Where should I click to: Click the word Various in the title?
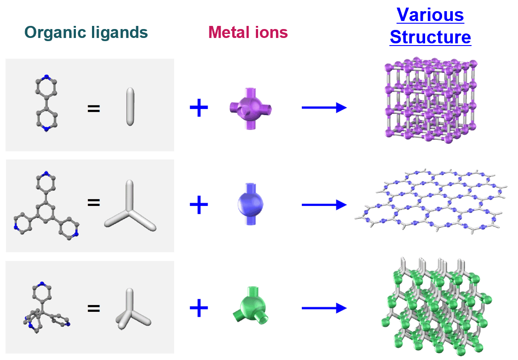tap(430, 15)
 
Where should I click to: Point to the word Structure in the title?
tap(430, 37)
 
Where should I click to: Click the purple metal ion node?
tap(251, 109)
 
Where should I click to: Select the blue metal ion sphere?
tap(251, 204)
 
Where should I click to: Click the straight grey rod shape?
tap(130, 106)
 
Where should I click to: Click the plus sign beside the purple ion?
tap(199, 108)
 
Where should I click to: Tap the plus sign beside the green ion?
tap(199, 308)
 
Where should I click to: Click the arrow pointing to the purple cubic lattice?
tap(324, 108)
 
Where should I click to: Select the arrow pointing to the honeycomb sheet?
tap(324, 205)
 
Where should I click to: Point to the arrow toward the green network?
tap(324, 308)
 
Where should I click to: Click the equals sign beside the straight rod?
tap(93, 109)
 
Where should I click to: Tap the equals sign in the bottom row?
tap(93, 309)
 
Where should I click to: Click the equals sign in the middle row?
tap(93, 202)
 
